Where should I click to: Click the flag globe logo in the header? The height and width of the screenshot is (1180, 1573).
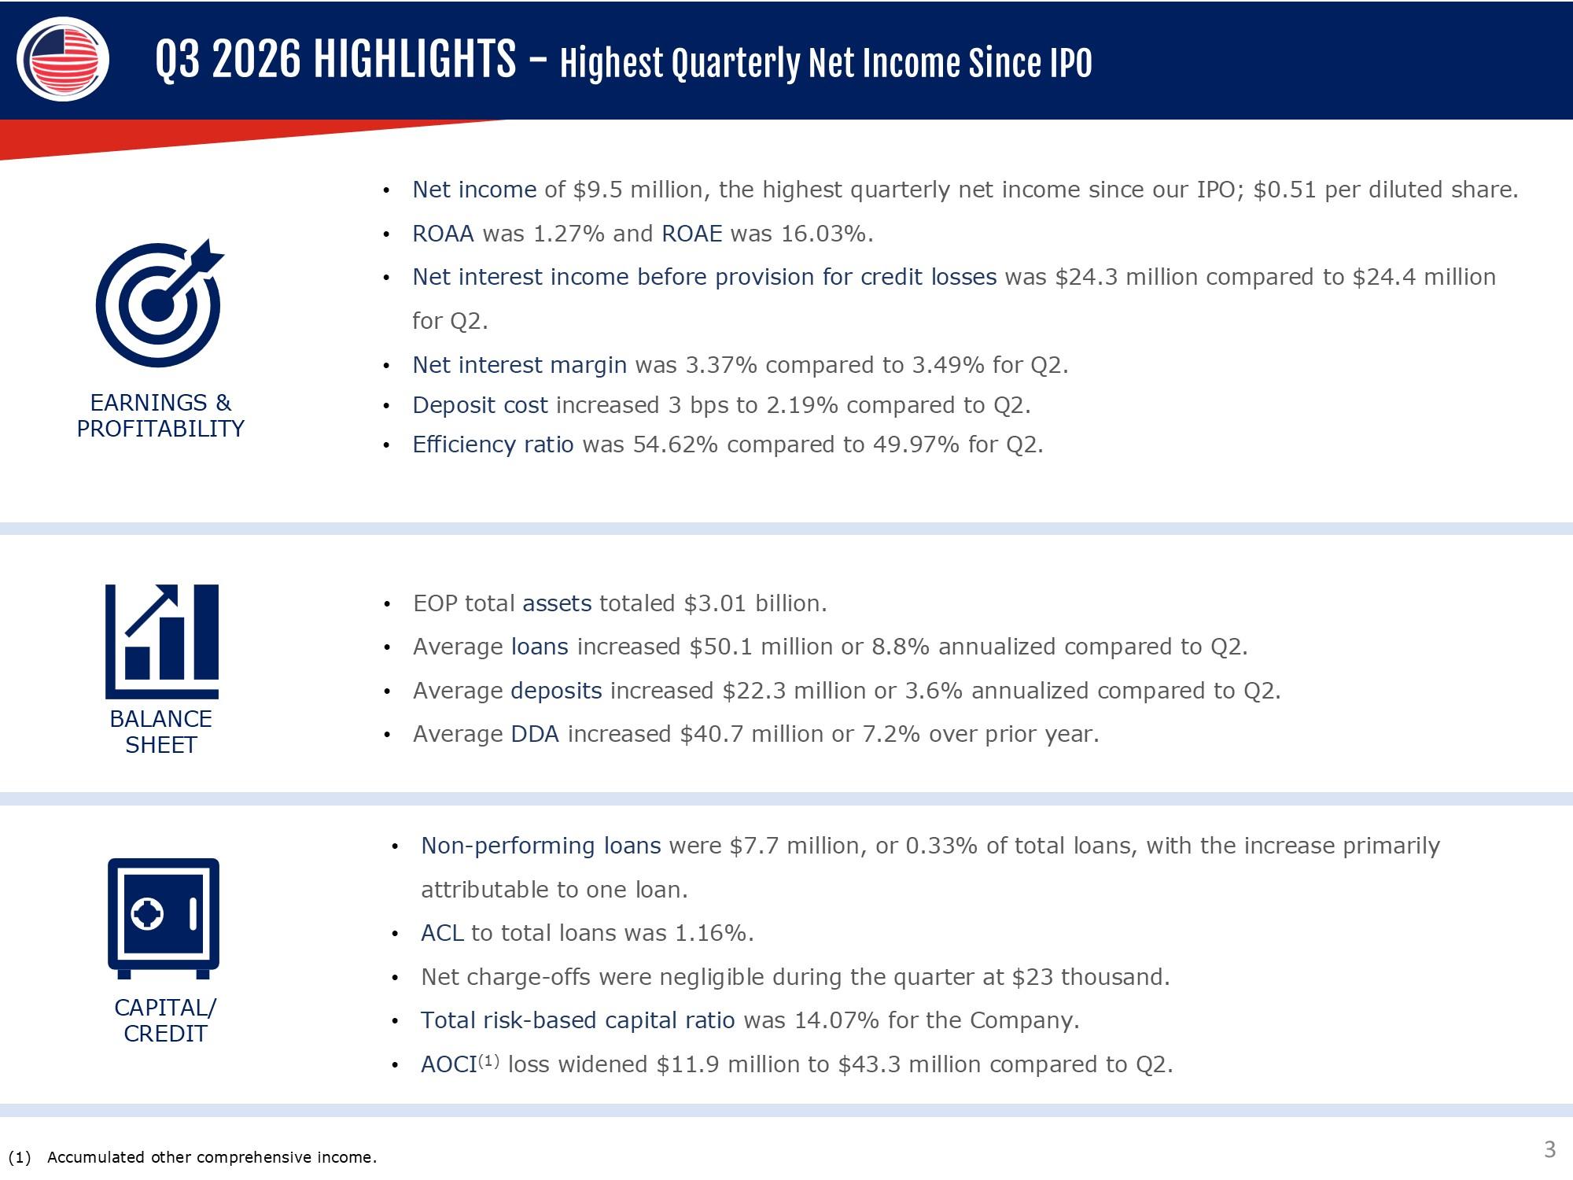(x=63, y=59)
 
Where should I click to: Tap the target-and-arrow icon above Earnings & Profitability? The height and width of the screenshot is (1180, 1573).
(x=160, y=303)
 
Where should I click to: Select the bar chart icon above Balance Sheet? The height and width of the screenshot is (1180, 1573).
(x=162, y=641)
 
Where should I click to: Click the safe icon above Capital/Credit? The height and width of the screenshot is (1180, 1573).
(x=164, y=918)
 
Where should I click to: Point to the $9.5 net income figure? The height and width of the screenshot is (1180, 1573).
(x=598, y=190)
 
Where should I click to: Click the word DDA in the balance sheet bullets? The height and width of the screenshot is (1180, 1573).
(x=535, y=735)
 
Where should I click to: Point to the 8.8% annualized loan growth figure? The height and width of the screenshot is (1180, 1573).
(x=901, y=647)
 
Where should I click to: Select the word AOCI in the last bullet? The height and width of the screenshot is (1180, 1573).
(x=449, y=1065)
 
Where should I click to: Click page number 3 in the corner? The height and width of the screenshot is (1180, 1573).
(x=1549, y=1150)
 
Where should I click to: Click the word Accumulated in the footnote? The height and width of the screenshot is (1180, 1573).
(x=97, y=1157)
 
